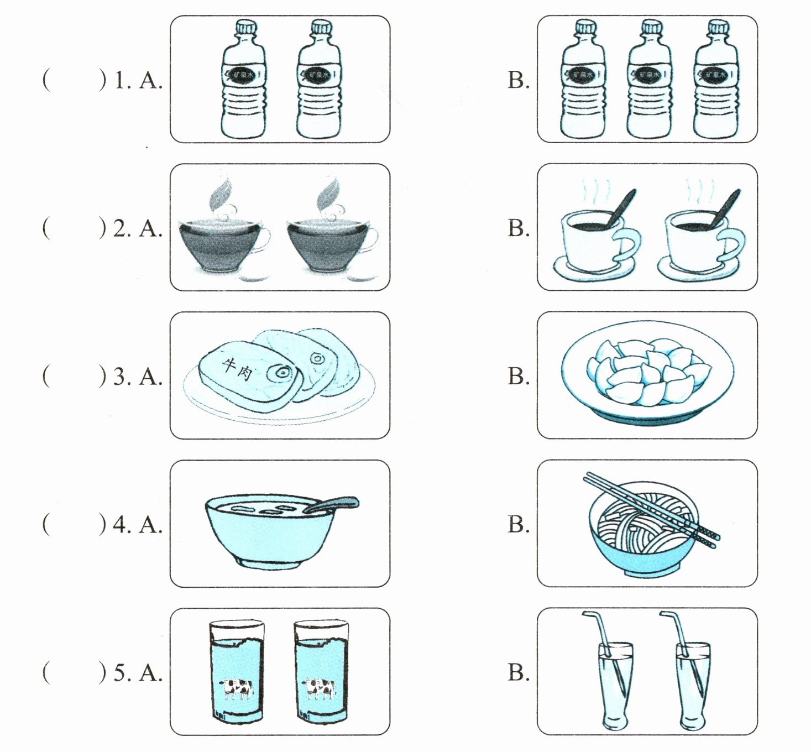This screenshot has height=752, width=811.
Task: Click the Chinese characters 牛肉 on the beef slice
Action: point(237,368)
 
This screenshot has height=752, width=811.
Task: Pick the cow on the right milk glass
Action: point(320,688)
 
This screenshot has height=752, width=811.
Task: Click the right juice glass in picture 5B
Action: point(693,686)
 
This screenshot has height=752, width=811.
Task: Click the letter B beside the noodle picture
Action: point(518,524)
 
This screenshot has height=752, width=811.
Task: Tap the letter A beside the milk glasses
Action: point(150,673)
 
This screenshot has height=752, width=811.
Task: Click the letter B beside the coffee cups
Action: point(518,228)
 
